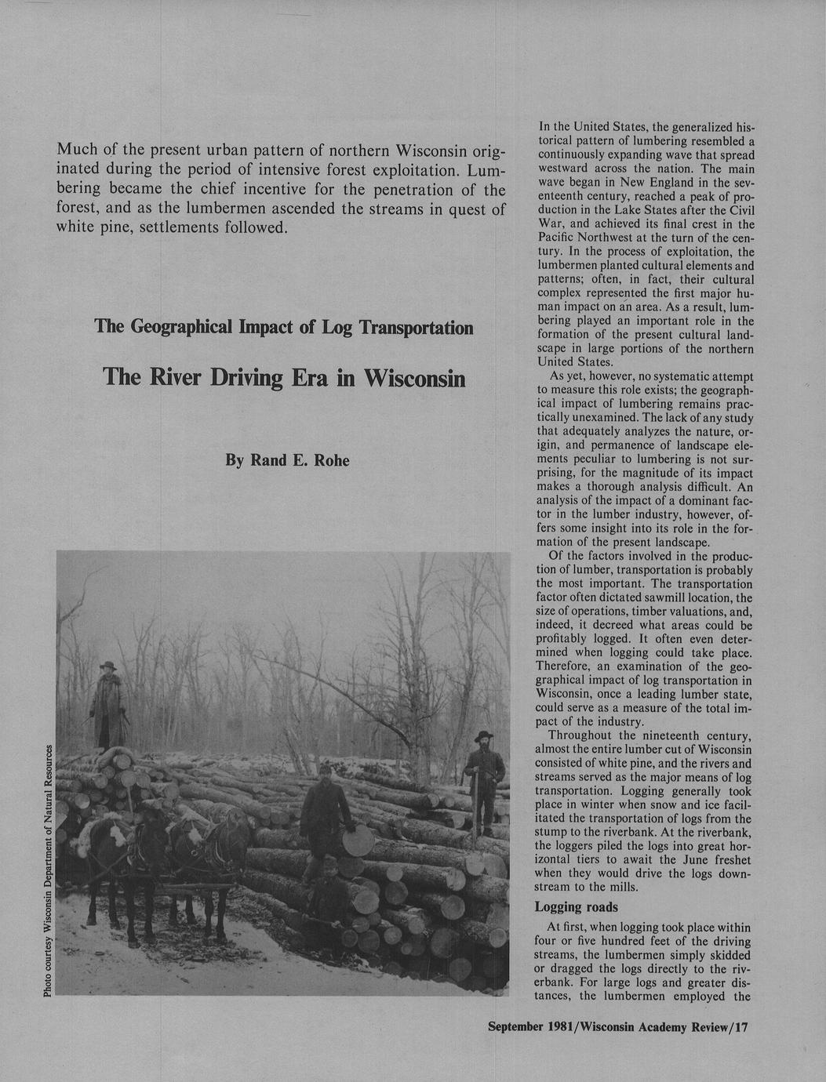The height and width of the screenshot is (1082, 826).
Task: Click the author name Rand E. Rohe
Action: [287, 460]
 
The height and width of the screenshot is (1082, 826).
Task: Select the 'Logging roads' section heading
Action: [577, 907]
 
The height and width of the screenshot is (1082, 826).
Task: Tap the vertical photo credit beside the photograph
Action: [49, 870]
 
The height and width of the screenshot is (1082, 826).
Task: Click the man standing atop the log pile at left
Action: [108, 706]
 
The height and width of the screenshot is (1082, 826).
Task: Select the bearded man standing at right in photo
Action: [483, 780]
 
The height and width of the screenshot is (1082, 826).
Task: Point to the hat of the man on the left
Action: [108, 666]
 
